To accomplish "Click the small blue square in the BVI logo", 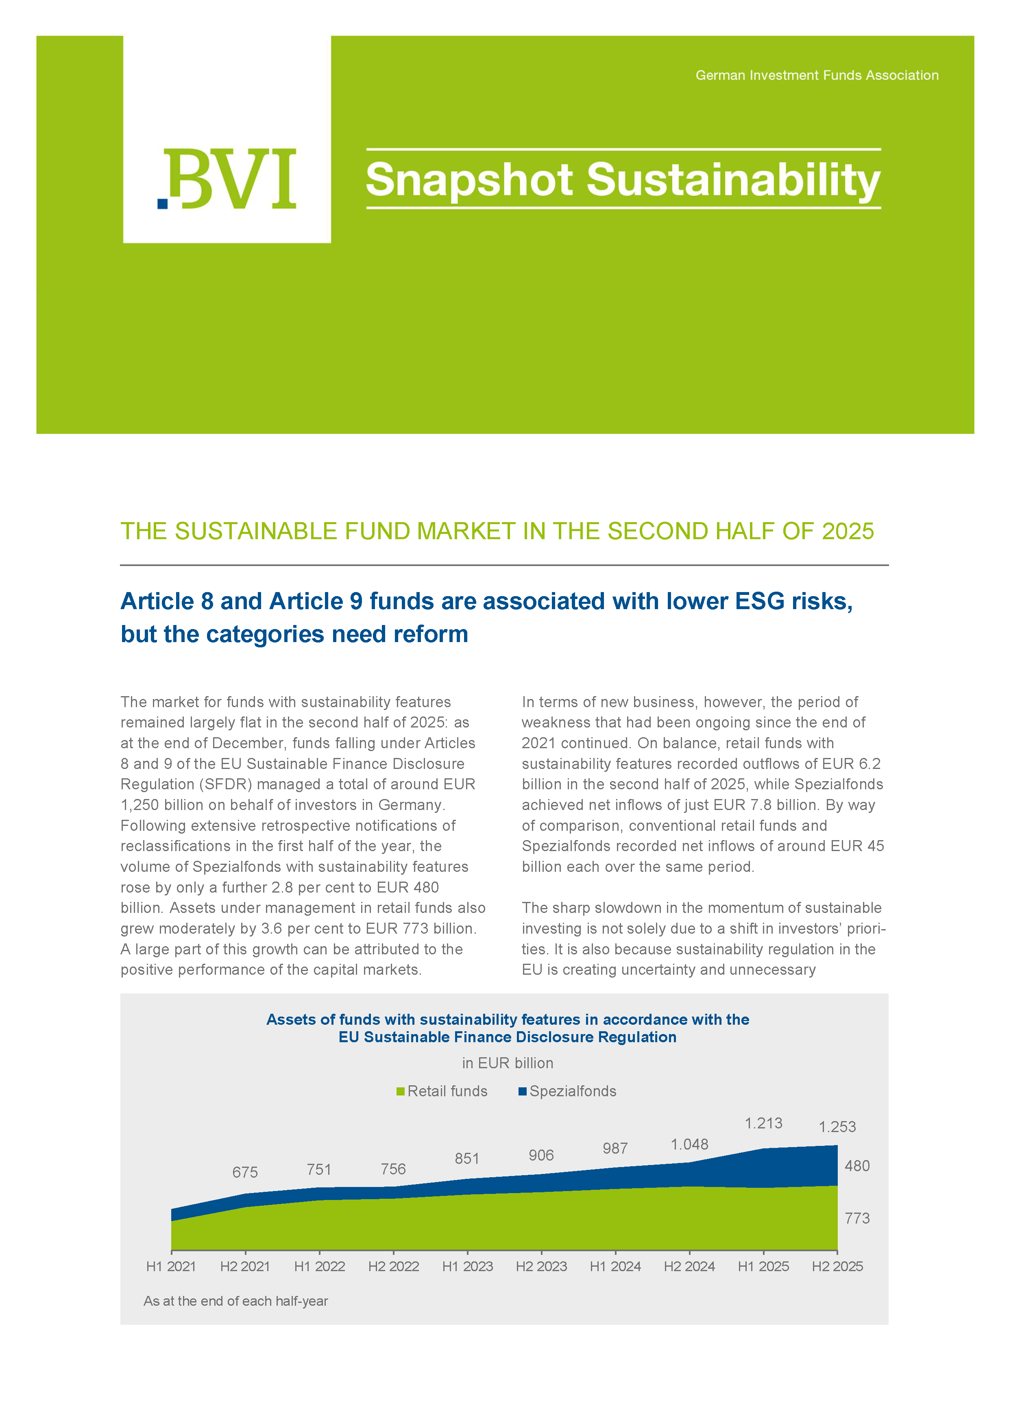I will pyautogui.click(x=163, y=203).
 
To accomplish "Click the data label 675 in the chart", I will pyautogui.click(x=245, y=1172).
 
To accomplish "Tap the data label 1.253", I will pyautogui.click(x=837, y=1127).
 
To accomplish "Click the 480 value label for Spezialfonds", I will pyautogui.click(x=857, y=1166).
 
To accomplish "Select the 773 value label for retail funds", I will pyautogui.click(x=857, y=1218).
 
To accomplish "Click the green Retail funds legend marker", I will pyautogui.click(x=401, y=1091).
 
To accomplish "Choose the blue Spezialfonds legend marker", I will pyautogui.click(x=523, y=1091).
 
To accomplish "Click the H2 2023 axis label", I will pyautogui.click(x=541, y=1267).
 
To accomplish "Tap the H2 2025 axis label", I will pyautogui.click(x=837, y=1267).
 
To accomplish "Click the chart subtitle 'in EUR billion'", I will pyautogui.click(x=507, y=1063).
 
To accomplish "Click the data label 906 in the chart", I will pyautogui.click(x=541, y=1156).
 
